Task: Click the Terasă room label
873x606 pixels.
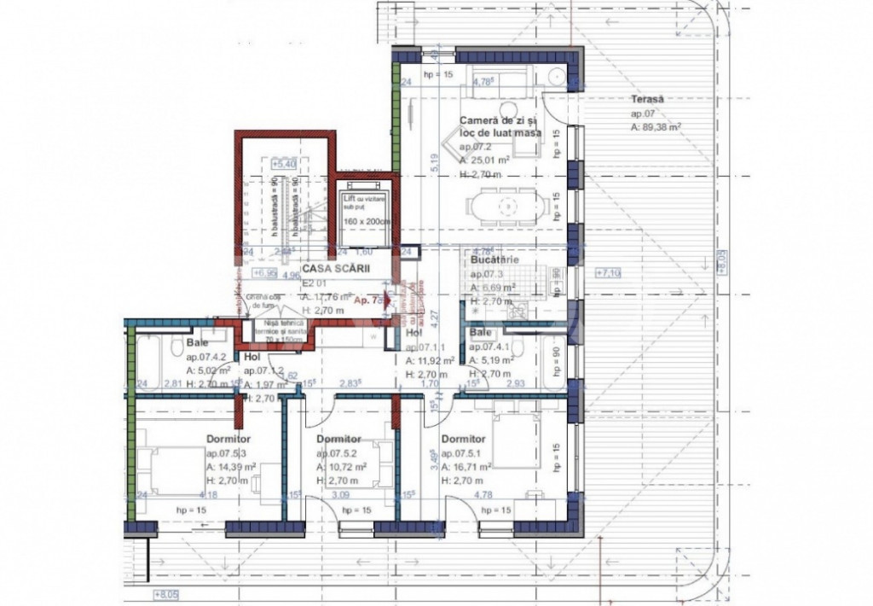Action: [x=648, y=99]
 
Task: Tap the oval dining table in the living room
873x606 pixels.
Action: [x=506, y=206]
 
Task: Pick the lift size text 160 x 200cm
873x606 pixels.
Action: [x=366, y=221]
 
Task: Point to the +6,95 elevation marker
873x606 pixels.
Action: [x=267, y=274]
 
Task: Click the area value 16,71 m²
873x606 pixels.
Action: [x=471, y=467]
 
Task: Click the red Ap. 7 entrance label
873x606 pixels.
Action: [x=367, y=300]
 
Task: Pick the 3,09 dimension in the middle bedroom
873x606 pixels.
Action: [x=340, y=494]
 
